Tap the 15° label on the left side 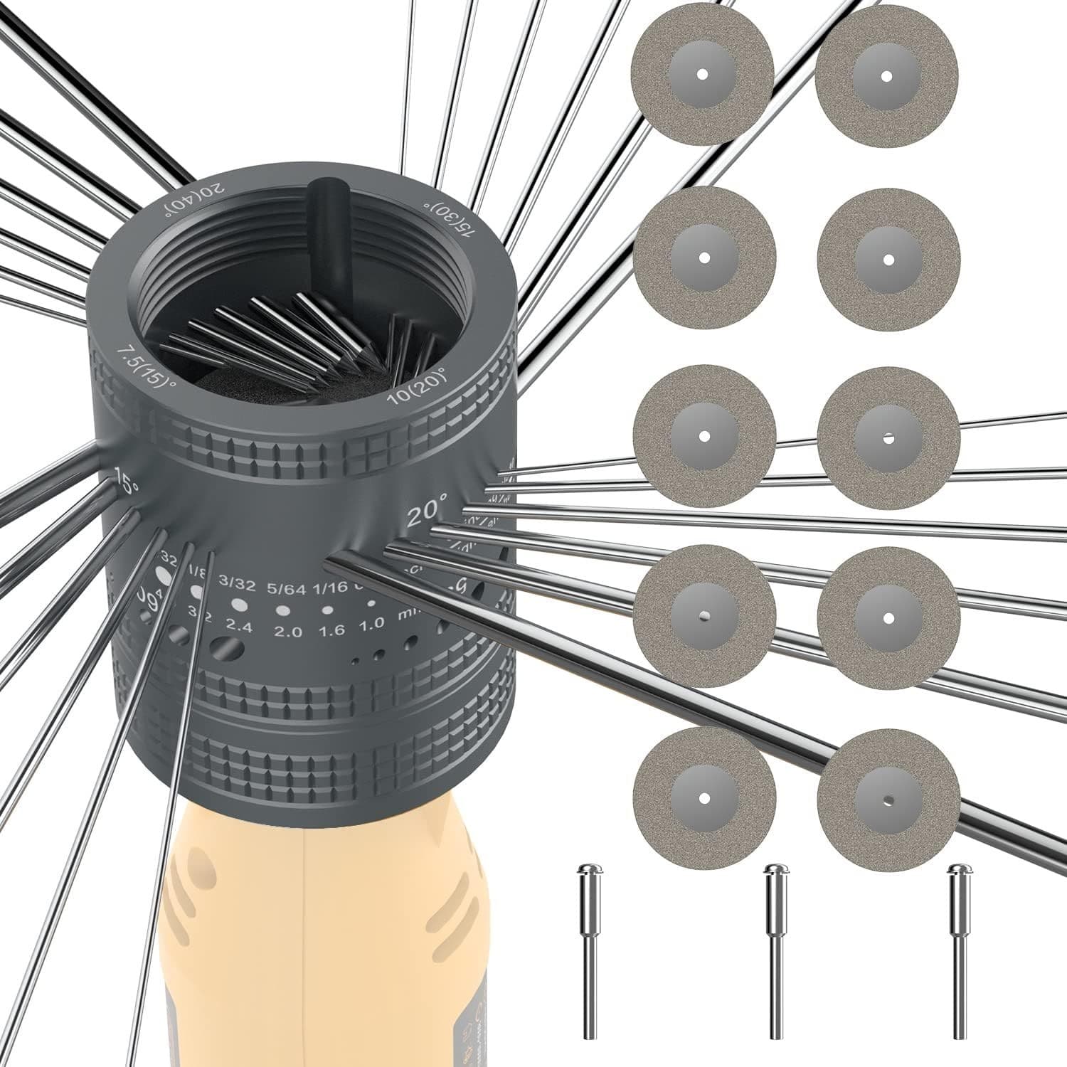126,484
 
